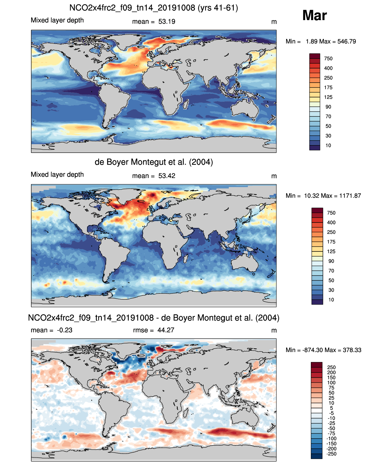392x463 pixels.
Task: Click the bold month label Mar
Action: pos(315,16)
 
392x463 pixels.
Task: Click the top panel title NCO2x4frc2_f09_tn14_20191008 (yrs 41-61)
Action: pos(153,8)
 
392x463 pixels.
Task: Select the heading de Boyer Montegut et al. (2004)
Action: pos(154,162)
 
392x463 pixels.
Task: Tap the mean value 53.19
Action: pos(167,22)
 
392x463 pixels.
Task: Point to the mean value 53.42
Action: pos(167,176)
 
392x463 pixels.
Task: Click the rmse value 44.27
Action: pos(166,330)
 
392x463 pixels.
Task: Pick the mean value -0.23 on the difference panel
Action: pos(65,330)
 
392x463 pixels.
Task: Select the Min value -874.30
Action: pos(312,350)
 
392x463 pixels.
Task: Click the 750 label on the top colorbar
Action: pos(328,59)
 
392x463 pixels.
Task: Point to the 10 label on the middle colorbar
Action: pos(331,300)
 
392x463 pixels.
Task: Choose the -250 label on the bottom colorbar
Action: pos(331,454)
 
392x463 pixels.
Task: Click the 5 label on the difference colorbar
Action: pos(331,408)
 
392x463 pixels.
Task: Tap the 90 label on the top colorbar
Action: pos(328,107)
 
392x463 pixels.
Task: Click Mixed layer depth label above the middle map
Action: pos(57,175)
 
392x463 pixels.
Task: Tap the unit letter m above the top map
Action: pos(274,22)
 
